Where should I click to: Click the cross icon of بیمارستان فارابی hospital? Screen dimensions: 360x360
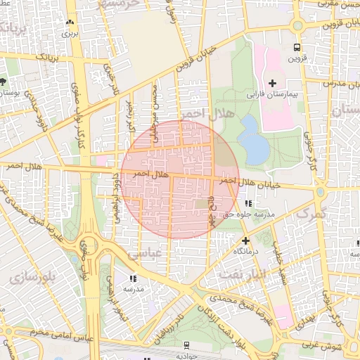(x=272, y=83)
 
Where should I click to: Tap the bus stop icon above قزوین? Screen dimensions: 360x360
(x=297, y=47)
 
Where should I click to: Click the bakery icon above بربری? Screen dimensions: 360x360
(x=69, y=22)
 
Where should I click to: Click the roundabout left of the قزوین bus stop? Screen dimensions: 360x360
(x=297, y=26)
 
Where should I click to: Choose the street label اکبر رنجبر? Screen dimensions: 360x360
(x=129, y=116)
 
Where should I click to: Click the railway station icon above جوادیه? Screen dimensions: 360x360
(x=186, y=345)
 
